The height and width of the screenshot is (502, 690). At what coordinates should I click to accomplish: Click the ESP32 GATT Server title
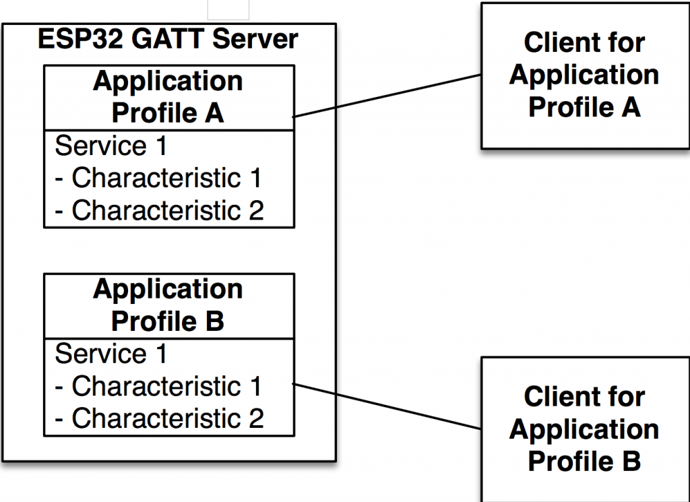click(168, 39)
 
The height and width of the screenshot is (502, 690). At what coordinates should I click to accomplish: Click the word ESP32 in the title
click(80, 39)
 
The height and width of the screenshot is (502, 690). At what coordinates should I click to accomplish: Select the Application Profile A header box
click(168, 97)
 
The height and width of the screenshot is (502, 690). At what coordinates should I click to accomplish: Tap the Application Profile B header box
click(168, 305)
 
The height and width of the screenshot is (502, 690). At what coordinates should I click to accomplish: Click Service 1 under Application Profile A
click(111, 146)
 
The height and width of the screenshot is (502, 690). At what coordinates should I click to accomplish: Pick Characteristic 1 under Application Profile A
click(159, 179)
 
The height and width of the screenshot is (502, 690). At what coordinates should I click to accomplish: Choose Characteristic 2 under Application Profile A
click(159, 211)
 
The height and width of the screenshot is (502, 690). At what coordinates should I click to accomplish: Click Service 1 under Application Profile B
click(111, 354)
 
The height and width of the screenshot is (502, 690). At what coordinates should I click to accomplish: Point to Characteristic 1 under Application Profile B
click(159, 387)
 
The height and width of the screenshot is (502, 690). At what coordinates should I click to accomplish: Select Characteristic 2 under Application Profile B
click(159, 419)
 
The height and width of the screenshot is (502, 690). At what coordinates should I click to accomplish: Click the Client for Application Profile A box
click(584, 75)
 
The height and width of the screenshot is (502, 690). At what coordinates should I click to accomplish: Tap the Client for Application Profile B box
click(584, 429)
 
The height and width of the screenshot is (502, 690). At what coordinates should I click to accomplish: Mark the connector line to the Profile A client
click(387, 96)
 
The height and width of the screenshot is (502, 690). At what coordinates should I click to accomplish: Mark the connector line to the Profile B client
click(387, 406)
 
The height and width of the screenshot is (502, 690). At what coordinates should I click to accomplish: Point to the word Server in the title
click(255, 39)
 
